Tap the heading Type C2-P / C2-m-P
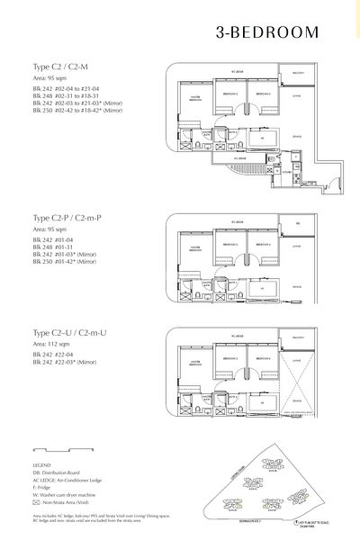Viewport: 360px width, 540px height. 63,219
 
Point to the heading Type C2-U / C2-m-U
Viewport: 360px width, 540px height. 64,334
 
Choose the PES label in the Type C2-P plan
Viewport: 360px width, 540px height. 298,222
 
